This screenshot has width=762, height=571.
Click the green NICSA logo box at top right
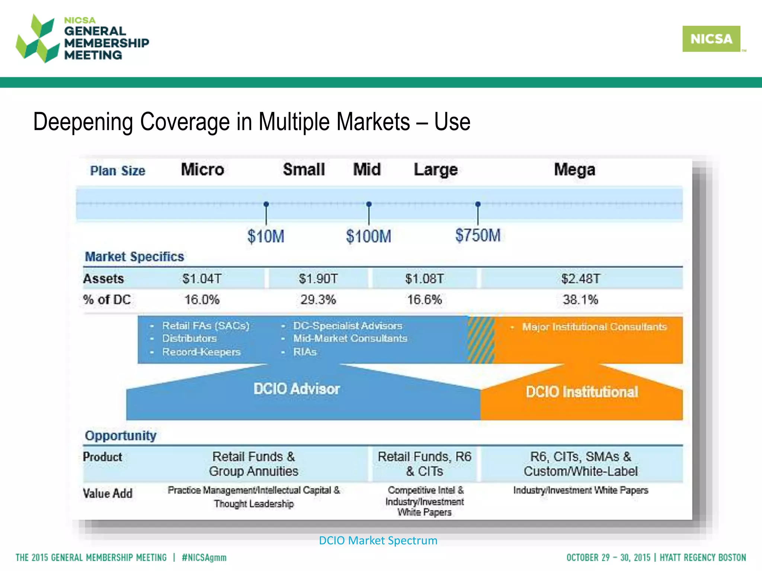(711, 39)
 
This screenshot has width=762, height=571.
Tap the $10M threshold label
(266, 236)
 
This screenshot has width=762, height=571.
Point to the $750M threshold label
(478, 235)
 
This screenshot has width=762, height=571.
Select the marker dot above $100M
(369, 204)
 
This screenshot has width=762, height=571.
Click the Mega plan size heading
(574, 170)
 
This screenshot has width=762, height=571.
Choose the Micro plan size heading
(202, 170)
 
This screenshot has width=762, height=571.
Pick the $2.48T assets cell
(580, 278)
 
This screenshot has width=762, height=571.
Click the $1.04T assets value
(202, 278)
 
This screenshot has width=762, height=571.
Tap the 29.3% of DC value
(318, 300)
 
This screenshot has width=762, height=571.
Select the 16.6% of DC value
(424, 300)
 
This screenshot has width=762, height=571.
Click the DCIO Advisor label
(297, 389)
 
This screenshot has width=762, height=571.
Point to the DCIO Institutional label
(582, 392)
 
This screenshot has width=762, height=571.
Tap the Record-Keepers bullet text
(201, 352)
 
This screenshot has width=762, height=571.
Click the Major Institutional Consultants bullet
(594, 327)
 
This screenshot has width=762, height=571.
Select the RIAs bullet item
(305, 352)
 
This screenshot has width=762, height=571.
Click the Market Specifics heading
(134, 257)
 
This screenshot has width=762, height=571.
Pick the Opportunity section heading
(121, 435)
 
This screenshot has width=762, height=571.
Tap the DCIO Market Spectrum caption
(378, 540)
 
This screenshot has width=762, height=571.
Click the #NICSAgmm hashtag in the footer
(204, 558)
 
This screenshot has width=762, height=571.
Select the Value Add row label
(108, 493)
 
